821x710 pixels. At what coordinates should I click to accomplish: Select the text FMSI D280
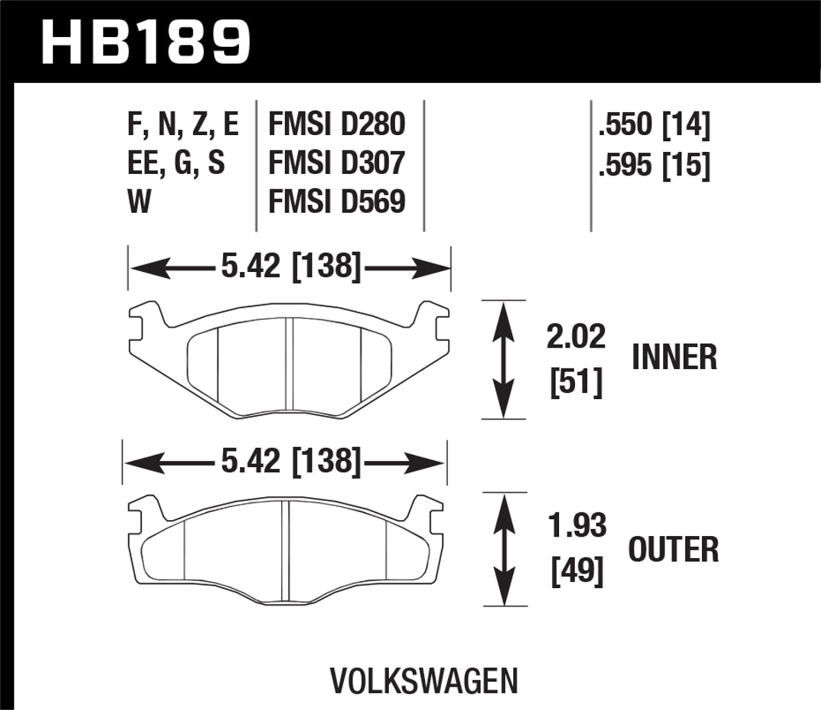(x=337, y=124)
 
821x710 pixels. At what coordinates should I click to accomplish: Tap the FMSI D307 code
(x=337, y=163)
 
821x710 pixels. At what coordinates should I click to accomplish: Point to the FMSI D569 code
(x=337, y=202)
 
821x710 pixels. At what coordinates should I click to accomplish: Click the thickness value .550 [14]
(x=654, y=124)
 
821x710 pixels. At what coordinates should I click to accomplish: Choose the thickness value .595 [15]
(x=654, y=164)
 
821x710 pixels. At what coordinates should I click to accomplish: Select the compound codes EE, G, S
(x=176, y=163)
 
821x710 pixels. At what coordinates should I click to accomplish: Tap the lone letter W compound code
(x=139, y=202)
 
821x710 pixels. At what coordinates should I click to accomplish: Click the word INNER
(x=674, y=357)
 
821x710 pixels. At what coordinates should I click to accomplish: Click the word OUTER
(x=673, y=549)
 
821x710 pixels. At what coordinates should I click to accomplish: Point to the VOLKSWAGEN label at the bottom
(x=424, y=680)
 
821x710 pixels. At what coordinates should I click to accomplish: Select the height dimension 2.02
(x=576, y=336)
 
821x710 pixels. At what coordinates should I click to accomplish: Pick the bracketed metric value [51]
(x=576, y=382)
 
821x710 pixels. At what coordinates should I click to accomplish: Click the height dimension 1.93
(x=577, y=525)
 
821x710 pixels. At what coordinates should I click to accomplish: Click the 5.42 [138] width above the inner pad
(x=291, y=267)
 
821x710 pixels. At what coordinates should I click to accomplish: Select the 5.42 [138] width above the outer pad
(x=291, y=462)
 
